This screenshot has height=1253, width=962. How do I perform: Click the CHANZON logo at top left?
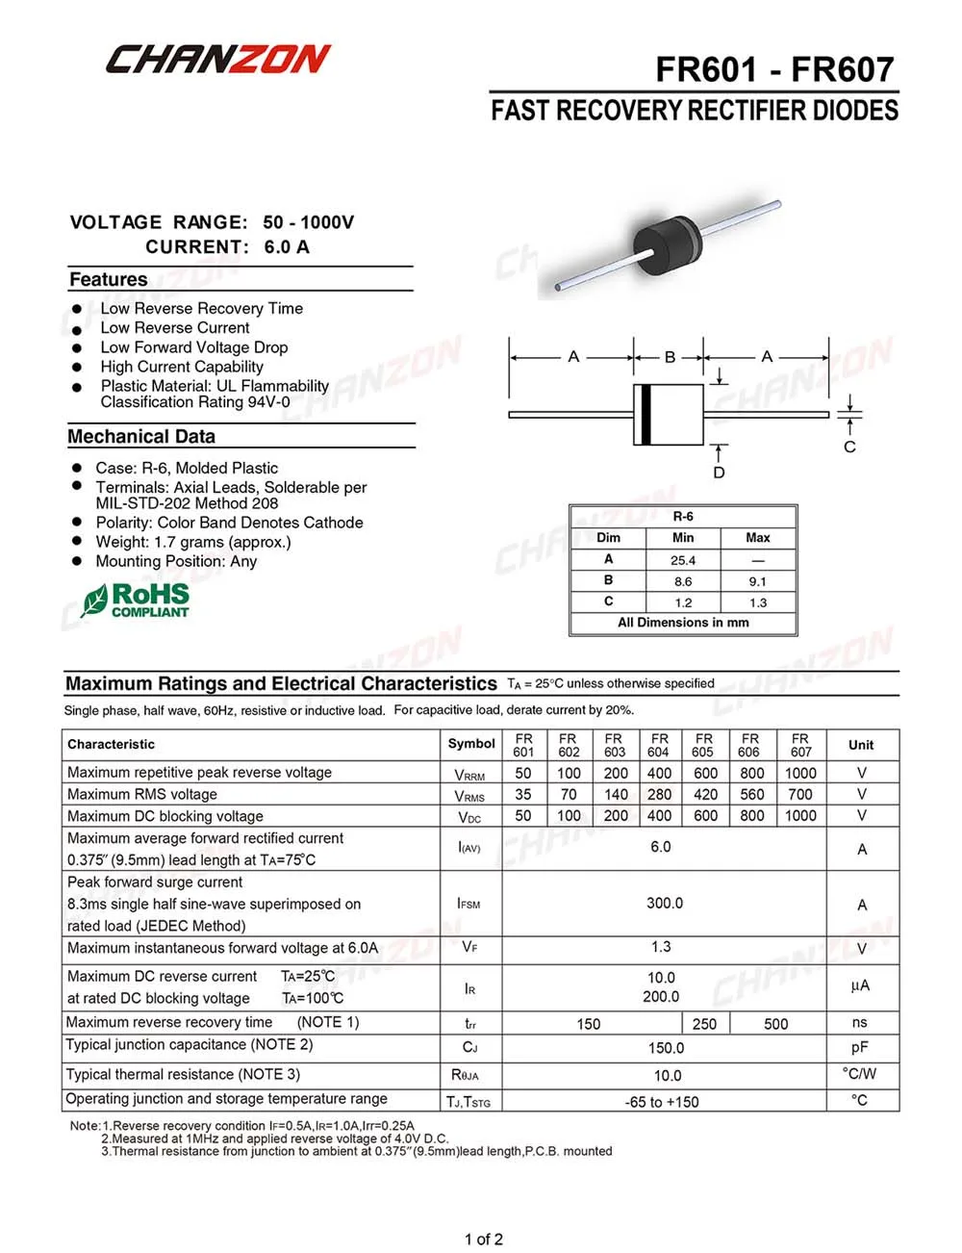[x=217, y=60]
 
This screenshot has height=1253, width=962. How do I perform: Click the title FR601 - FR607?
[x=774, y=69]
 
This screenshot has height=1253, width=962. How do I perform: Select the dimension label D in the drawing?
[x=719, y=473]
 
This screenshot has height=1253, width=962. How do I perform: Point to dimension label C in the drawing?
[x=849, y=447]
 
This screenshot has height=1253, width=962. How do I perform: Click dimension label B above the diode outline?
[x=670, y=357]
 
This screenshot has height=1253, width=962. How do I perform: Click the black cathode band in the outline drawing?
[x=645, y=415]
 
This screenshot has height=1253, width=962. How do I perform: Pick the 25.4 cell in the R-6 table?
[x=683, y=560]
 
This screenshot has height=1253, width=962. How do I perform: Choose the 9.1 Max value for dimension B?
[x=758, y=581]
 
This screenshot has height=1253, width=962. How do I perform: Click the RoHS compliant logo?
[x=136, y=601]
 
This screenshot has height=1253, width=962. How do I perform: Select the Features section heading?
[x=109, y=280]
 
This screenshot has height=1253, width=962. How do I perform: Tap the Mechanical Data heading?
[x=141, y=437]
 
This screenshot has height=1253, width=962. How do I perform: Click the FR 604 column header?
[x=659, y=745]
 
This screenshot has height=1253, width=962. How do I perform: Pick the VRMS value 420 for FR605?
[x=705, y=794]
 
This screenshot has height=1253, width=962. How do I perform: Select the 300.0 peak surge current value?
[x=664, y=903]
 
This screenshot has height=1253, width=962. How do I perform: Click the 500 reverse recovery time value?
[x=775, y=1024]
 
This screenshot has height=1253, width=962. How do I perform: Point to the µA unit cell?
[x=860, y=985]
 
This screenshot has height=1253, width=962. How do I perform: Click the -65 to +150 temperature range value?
[x=662, y=1102]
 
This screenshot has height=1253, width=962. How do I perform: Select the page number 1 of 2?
[x=483, y=1239]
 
